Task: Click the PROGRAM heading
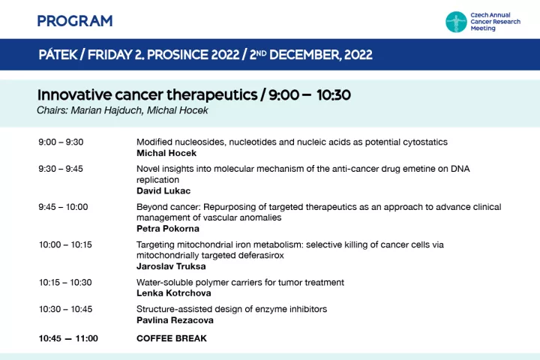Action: click(x=75, y=21)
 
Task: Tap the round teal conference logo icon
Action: click(x=456, y=22)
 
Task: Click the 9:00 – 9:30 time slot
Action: click(x=61, y=142)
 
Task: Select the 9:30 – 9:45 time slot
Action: click(x=61, y=169)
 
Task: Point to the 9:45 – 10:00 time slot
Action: click(x=63, y=207)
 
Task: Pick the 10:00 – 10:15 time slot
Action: click(x=65, y=245)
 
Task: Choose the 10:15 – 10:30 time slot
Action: click(x=65, y=283)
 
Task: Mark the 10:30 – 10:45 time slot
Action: click(x=66, y=309)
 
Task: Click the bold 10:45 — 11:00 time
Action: click(x=68, y=339)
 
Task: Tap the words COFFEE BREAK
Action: click(x=172, y=339)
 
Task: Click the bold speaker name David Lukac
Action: click(x=163, y=190)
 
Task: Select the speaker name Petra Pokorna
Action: click(x=168, y=229)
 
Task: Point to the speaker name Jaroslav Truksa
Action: click(x=171, y=266)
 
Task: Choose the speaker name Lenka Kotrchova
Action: click(x=174, y=293)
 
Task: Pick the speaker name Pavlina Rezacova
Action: click(x=175, y=320)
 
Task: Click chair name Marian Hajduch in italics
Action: click(x=106, y=110)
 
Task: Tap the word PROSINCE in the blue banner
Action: click(x=176, y=55)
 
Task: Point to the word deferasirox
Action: click(x=262, y=256)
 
